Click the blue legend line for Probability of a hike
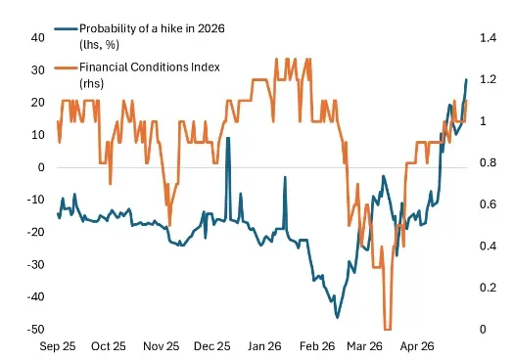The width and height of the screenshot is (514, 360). pyautogui.click(x=66, y=28)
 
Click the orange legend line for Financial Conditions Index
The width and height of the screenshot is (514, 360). pyautogui.click(x=66, y=67)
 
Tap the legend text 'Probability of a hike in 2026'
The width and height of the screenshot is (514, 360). pyautogui.click(x=152, y=28)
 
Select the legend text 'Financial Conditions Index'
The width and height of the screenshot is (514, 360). pyautogui.click(x=150, y=67)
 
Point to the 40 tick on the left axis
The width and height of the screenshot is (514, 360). pyautogui.click(x=38, y=38)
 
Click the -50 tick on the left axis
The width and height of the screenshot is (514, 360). pyautogui.click(x=35, y=330)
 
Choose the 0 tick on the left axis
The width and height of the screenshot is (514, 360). pyautogui.click(x=41, y=167)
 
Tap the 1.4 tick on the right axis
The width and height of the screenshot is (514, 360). pyautogui.click(x=489, y=38)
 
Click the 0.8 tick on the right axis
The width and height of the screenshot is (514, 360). pyautogui.click(x=489, y=162)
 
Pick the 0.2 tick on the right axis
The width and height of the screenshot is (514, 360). pyautogui.click(x=489, y=288)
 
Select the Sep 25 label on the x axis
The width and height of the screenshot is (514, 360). pyautogui.click(x=58, y=346)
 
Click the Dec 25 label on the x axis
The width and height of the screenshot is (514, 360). pyautogui.click(x=212, y=346)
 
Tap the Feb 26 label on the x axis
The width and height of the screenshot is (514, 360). pyautogui.click(x=317, y=346)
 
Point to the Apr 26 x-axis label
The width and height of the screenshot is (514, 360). pyautogui.click(x=417, y=346)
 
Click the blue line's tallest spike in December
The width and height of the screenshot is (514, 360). pyautogui.click(x=228, y=138)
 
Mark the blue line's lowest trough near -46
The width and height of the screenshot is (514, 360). pyautogui.click(x=337, y=317)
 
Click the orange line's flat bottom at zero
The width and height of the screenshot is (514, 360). pyautogui.click(x=388, y=330)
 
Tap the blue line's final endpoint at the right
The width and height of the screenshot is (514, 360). pyautogui.click(x=466, y=79)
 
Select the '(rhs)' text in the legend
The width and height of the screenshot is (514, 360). pyautogui.click(x=91, y=83)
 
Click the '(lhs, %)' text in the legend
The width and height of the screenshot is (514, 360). pyautogui.click(x=99, y=45)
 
